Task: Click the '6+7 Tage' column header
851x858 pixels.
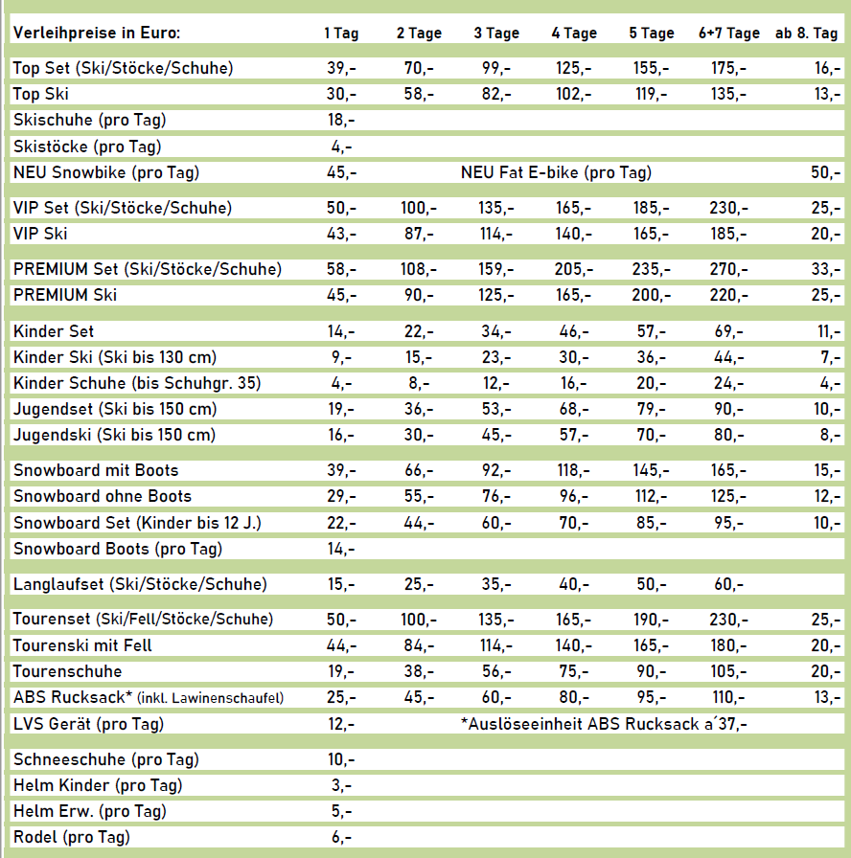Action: point(728,34)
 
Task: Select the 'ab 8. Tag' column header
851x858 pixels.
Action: point(806,34)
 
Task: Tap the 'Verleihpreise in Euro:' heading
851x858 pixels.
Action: point(97,34)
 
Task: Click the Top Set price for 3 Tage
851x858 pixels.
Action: point(495,69)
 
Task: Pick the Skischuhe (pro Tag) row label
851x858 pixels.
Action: point(87,121)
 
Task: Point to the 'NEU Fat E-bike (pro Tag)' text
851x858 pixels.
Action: point(556,173)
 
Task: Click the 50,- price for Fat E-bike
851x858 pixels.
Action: point(825,173)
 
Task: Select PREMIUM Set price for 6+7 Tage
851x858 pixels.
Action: point(727,270)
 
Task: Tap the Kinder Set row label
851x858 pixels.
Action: point(54,332)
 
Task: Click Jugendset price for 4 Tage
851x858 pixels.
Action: point(573,410)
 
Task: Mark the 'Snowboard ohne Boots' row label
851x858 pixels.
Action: point(103,497)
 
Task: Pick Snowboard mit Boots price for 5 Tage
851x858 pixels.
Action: point(651,471)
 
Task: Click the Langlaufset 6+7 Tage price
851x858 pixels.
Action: point(727,585)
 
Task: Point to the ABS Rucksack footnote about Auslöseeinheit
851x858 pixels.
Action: point(604,724)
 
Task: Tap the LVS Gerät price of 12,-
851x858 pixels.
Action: point(341,724)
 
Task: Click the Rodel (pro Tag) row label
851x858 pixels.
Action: point(72,838)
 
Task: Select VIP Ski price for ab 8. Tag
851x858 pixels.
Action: point(825,235)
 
